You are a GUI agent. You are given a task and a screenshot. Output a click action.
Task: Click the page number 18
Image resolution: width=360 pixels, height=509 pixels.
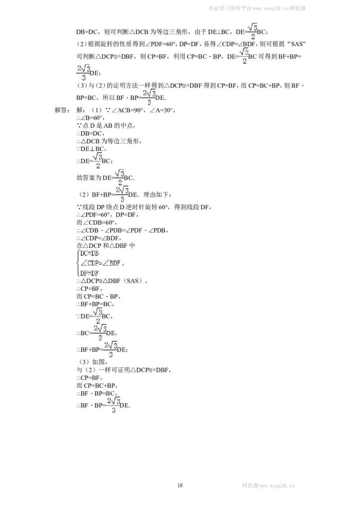[180, 485]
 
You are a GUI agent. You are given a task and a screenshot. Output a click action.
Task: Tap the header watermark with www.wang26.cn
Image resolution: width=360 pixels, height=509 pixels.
[257, 9]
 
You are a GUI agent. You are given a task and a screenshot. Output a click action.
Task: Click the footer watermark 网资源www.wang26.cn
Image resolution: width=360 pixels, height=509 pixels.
[268, 486]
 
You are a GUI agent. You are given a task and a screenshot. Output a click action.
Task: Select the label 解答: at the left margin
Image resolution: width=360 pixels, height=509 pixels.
[62, 110]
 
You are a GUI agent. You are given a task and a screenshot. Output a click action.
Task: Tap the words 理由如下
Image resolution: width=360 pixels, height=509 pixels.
[156, 195]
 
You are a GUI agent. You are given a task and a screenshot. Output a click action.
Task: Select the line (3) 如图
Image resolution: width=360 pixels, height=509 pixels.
[92, 362]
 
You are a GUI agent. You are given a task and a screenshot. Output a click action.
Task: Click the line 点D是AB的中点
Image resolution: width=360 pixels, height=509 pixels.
[106, 125]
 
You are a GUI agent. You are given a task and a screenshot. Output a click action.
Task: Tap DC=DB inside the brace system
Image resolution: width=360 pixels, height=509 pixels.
[90, 254]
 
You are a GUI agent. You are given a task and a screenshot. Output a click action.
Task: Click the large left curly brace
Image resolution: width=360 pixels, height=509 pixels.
[78, 263]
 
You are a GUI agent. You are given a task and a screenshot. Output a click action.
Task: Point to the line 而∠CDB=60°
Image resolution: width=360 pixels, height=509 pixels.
[96, 223]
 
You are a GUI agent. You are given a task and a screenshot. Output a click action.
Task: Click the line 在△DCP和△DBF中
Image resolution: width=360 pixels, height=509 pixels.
[106, 246]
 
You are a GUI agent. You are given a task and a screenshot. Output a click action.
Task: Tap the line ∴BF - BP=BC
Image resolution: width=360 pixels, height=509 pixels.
[95, 393]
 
